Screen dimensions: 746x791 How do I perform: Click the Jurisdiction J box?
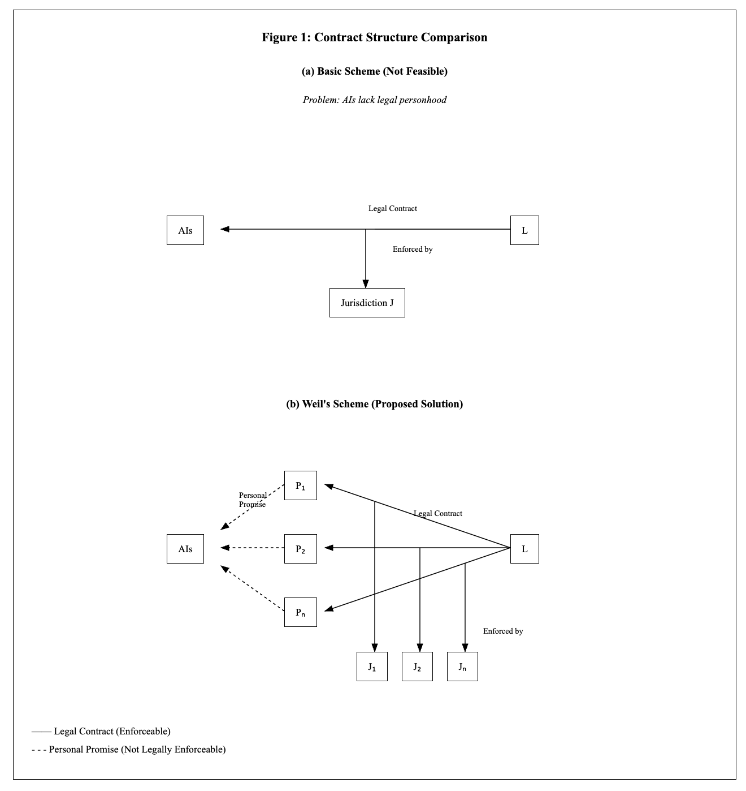[367, 303]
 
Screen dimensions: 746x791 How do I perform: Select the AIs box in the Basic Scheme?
[185, 230]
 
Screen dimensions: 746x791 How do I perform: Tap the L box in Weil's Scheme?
[524, 549]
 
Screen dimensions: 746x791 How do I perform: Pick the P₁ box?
[301, 485]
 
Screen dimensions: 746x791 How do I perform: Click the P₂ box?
[301, 549]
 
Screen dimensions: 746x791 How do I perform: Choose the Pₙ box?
[301, 612]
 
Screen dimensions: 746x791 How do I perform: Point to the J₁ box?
[372, 667]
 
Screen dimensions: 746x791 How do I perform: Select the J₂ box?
[417, 667]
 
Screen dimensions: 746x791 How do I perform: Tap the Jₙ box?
[462, 667]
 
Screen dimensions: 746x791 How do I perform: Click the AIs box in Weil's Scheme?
[185, 549]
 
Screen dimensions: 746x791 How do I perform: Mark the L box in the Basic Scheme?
[524, 230]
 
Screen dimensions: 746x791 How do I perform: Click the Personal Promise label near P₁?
[253, 500]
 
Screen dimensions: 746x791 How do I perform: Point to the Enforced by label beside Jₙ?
[503, 631]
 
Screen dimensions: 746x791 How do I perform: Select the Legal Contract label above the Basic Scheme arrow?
[392, 208]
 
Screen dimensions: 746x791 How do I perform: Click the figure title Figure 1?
[374, 37]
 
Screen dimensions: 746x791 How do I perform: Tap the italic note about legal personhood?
[374, 100]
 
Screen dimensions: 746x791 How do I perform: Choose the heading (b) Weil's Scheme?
[374, 404]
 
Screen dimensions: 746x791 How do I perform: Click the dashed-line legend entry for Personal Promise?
[128, 749]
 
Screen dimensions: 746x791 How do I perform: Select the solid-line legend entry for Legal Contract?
[101, 731]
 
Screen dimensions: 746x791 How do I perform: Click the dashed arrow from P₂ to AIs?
[252, 548]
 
